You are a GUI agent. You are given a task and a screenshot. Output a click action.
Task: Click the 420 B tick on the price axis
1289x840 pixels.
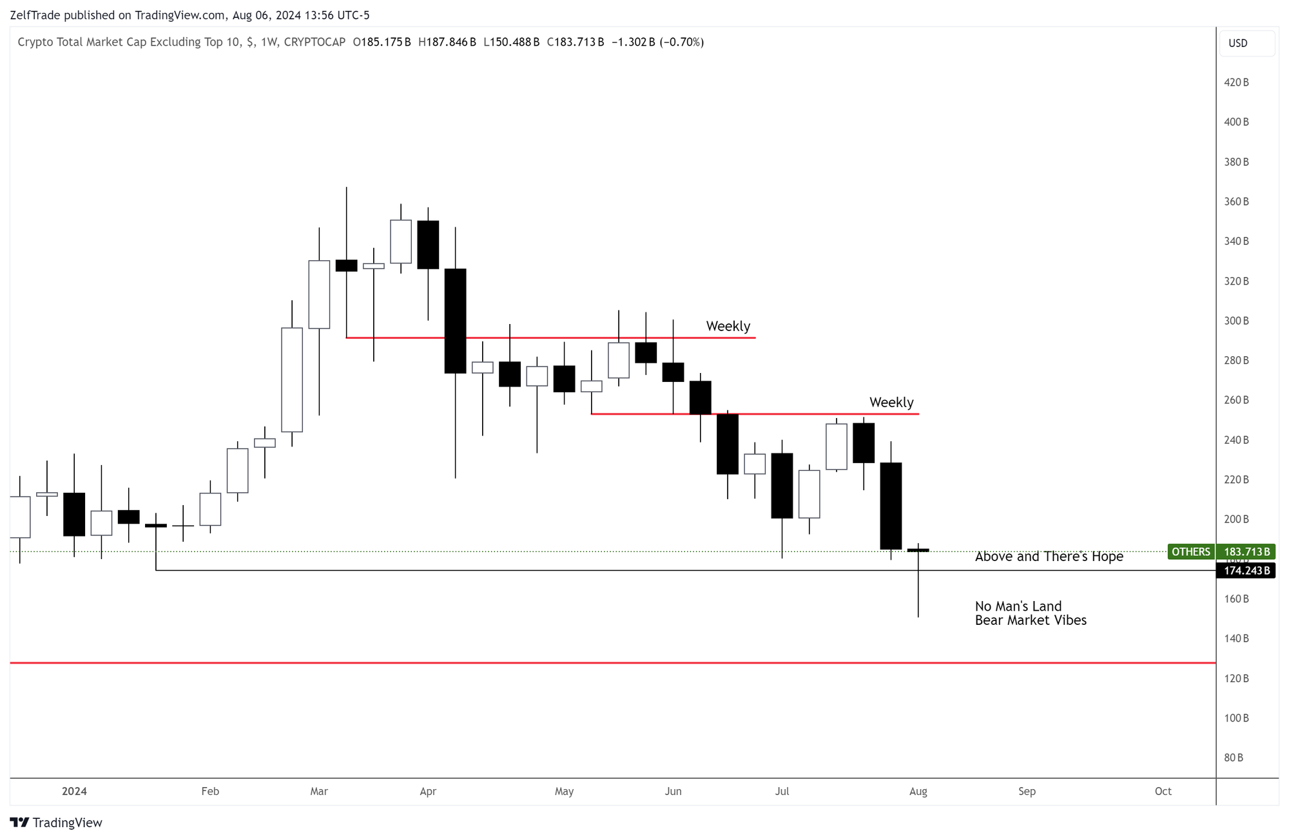coord(1236,82)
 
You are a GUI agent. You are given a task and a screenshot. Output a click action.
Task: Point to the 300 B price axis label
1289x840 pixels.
coord(1236,321)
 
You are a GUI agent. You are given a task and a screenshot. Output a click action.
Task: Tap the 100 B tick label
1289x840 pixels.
coord(1236,718)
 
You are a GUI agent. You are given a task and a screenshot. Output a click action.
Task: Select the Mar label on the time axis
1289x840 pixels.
coord(319,792)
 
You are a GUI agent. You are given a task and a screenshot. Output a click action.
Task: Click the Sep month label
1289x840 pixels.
coord(1027,792)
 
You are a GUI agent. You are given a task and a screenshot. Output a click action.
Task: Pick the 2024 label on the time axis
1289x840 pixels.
coord(74,792)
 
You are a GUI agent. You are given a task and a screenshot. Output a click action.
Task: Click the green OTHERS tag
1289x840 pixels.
coord(1190,552)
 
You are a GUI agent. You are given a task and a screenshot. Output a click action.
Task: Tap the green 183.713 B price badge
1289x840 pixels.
coord(1246,552)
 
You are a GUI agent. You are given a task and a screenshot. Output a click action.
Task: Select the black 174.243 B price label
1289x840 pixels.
coord(1246,571)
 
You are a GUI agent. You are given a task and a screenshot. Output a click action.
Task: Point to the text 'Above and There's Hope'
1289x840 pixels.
coord(1049,557)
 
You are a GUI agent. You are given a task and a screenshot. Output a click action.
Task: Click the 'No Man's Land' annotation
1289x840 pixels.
coord(1018,606)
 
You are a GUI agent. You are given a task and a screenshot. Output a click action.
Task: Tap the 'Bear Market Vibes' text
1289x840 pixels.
coord(1031,620)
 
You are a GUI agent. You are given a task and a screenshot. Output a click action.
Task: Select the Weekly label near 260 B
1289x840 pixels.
coord(891,403)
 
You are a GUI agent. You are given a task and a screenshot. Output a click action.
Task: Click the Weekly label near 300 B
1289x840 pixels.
coord(728,327)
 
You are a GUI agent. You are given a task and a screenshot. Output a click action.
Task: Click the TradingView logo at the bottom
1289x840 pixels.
coord(56,823)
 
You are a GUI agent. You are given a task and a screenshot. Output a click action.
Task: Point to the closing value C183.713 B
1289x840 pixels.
coord(576,43)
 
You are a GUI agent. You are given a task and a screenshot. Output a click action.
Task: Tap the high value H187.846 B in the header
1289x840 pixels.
coord(447,43)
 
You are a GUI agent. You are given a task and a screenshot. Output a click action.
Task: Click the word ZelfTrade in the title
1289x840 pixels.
coord(35,15)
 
